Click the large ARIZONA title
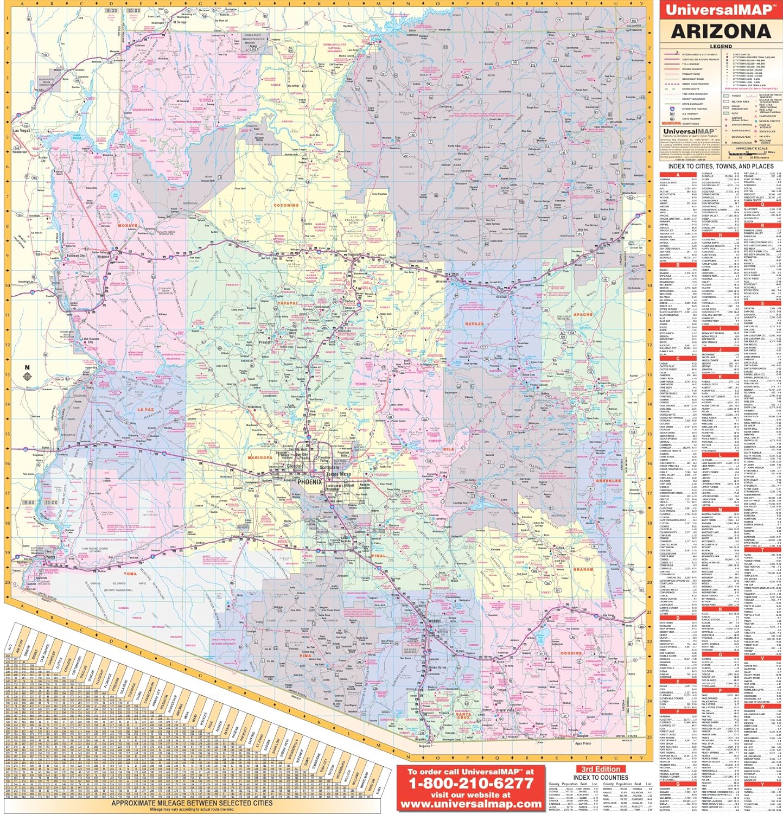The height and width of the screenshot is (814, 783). coord(721,30)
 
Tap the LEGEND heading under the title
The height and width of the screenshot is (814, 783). coord(721,47)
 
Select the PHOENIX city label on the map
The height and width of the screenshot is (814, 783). coord(309,481)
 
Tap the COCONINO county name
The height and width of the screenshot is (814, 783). coord(287,206)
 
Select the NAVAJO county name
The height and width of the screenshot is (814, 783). coord(474,324)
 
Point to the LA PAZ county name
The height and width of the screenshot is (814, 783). coord(146,409)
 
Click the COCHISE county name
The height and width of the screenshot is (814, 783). coord(570,653)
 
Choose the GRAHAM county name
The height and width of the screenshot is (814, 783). coord(583,570)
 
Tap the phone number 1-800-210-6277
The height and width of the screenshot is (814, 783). coord(470,784)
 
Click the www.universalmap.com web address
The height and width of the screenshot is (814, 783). coord(470,803)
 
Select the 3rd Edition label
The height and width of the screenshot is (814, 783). coord(601,768)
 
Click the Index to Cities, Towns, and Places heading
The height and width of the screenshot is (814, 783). coord(721,166)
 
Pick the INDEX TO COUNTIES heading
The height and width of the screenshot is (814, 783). coord(601,777)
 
